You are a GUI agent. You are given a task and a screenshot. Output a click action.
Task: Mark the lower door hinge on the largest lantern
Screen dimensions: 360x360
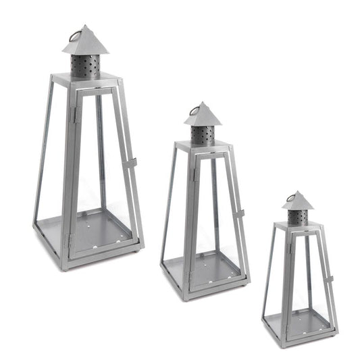click(x=68, y=238)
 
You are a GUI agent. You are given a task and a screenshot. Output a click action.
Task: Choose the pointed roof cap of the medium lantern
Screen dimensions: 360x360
click(x=202, y=117)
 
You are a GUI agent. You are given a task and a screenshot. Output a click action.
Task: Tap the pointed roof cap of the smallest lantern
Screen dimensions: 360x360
click(x=297, y=202)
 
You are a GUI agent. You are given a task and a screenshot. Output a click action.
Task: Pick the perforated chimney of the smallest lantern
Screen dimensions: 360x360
click(x=297, y=217)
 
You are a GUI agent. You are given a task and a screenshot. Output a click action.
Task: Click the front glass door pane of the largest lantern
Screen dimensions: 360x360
click(x=101, y=169)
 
